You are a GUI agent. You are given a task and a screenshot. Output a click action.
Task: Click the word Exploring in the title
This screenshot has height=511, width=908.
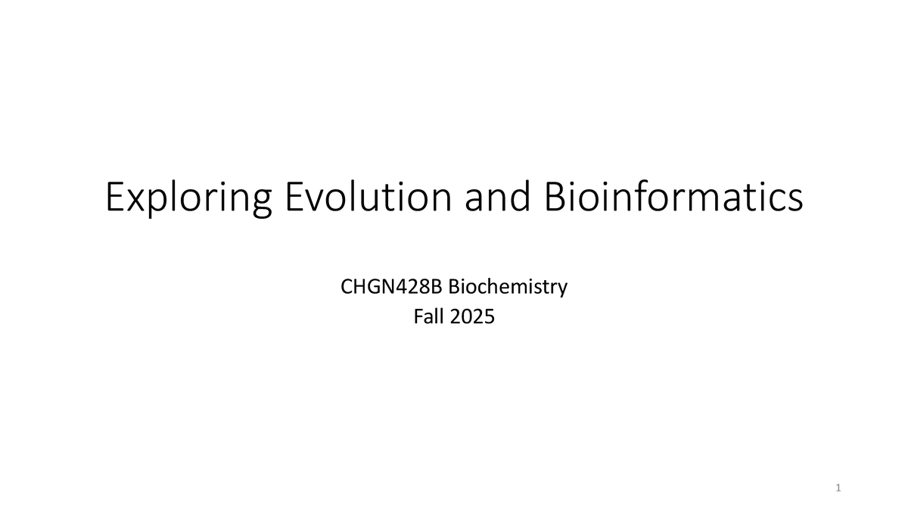pyautogui.click(x=188, y=198)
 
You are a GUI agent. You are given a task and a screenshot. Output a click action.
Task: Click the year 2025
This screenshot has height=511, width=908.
pyautogui.click(x=474, y=318)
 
